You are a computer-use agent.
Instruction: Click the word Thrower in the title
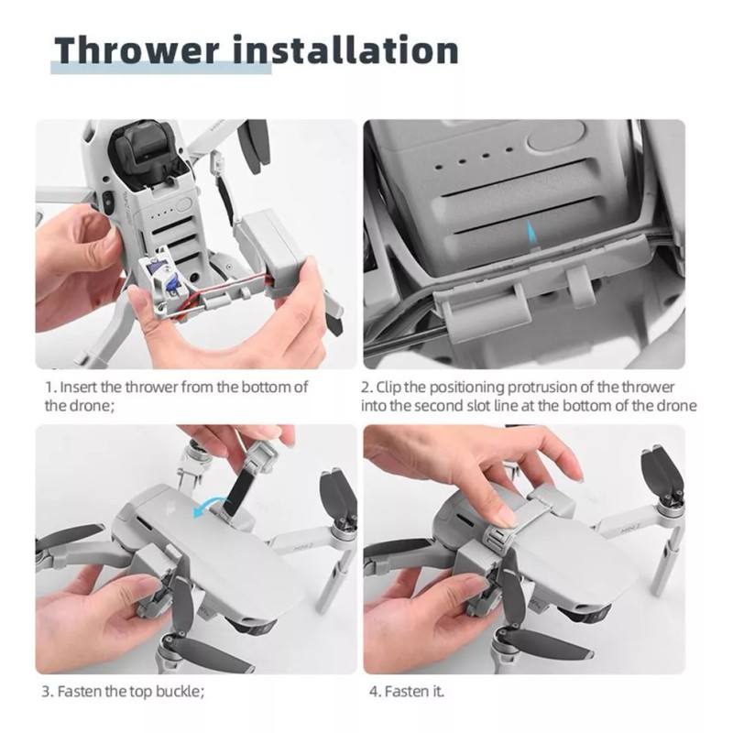[x=137, y=49]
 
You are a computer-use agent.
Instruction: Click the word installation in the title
[x=345, y=49]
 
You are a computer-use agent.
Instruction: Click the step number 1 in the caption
[x=49, y=388]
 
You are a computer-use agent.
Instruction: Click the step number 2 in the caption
[x=366, y=388]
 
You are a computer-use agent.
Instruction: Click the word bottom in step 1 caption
[x=262, y=388]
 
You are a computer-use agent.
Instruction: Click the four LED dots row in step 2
[x=473, y=159]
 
